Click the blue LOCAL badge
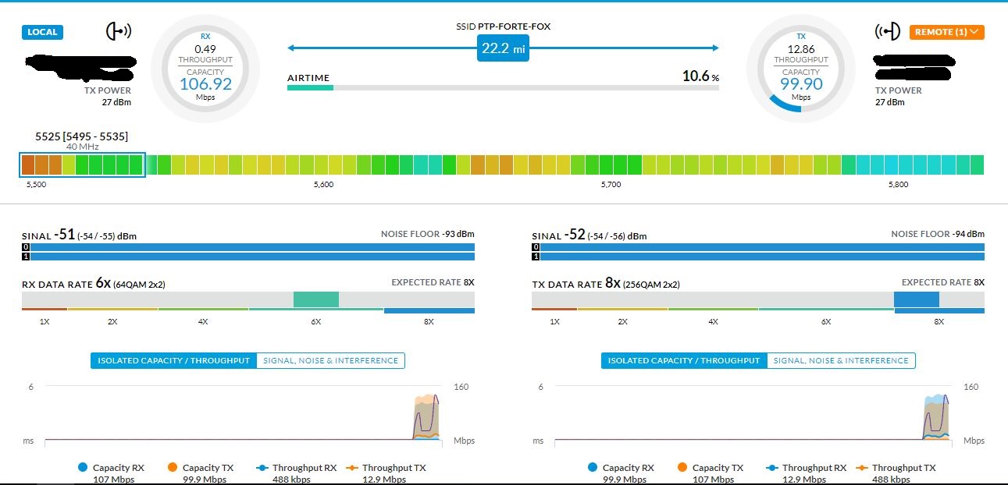[x=42, y=32]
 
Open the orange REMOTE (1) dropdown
[x=946, y=32]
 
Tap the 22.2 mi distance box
[x=503, y=48]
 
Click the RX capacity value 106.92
[x=206, y=84]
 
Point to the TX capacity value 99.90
[x=801, y=84]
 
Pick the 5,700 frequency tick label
[x=611, y=185]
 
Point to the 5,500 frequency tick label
[x=36, y=185]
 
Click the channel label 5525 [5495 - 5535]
[x=81, y=136]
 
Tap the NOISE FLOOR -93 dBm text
[x=427, y=234]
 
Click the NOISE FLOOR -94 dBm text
[x=938, y=234]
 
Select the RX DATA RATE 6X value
[x=103, y=283]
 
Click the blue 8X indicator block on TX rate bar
[x=916, y=299]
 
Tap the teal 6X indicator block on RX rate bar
[x=315, y=299]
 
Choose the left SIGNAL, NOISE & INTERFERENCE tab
[x=330, y=360]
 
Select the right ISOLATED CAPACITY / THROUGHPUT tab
[x=684, y=360]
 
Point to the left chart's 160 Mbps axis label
[x=460, y=387]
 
